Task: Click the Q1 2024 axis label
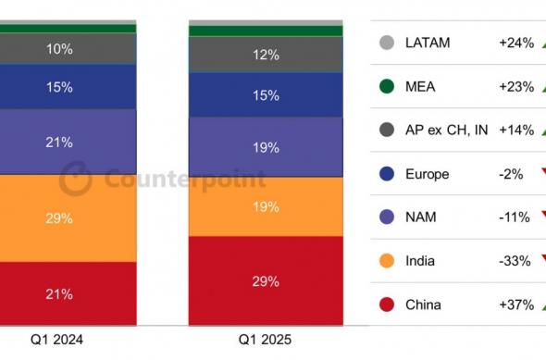(x=56, y=340)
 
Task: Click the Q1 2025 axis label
(x=265, y=340)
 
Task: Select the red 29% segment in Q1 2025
(x=266, y=279)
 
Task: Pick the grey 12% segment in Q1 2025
(x=266, y=55)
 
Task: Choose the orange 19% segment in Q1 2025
(x=266, y=206)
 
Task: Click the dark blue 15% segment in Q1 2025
(x=266, y=95)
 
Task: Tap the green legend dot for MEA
(x=387, y=87)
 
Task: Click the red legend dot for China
(x=387, y=304)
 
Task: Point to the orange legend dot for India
(x=387, y=261)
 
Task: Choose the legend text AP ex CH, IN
(x=447, y=130)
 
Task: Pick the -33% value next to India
(x=515, y=261)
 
